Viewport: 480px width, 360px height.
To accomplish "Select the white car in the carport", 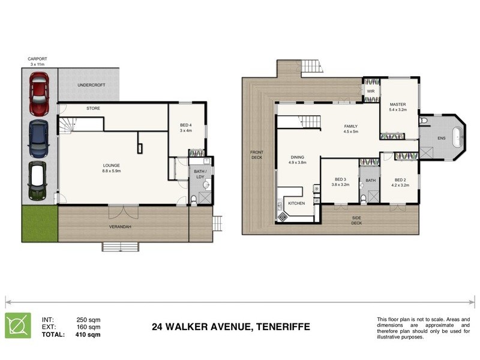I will tap(38, 180).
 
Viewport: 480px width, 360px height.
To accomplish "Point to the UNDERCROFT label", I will tap(91, 85).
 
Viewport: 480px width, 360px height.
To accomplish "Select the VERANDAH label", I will tap(121, 227).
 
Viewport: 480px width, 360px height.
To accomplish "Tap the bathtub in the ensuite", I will tap(459, 138).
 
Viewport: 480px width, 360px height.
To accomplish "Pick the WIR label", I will tap(371, 92).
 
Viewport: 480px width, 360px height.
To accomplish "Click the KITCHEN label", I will tap(296, 203).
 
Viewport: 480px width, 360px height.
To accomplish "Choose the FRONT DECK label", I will tap(257, 155).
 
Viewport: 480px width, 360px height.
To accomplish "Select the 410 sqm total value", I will tap(88, 335).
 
